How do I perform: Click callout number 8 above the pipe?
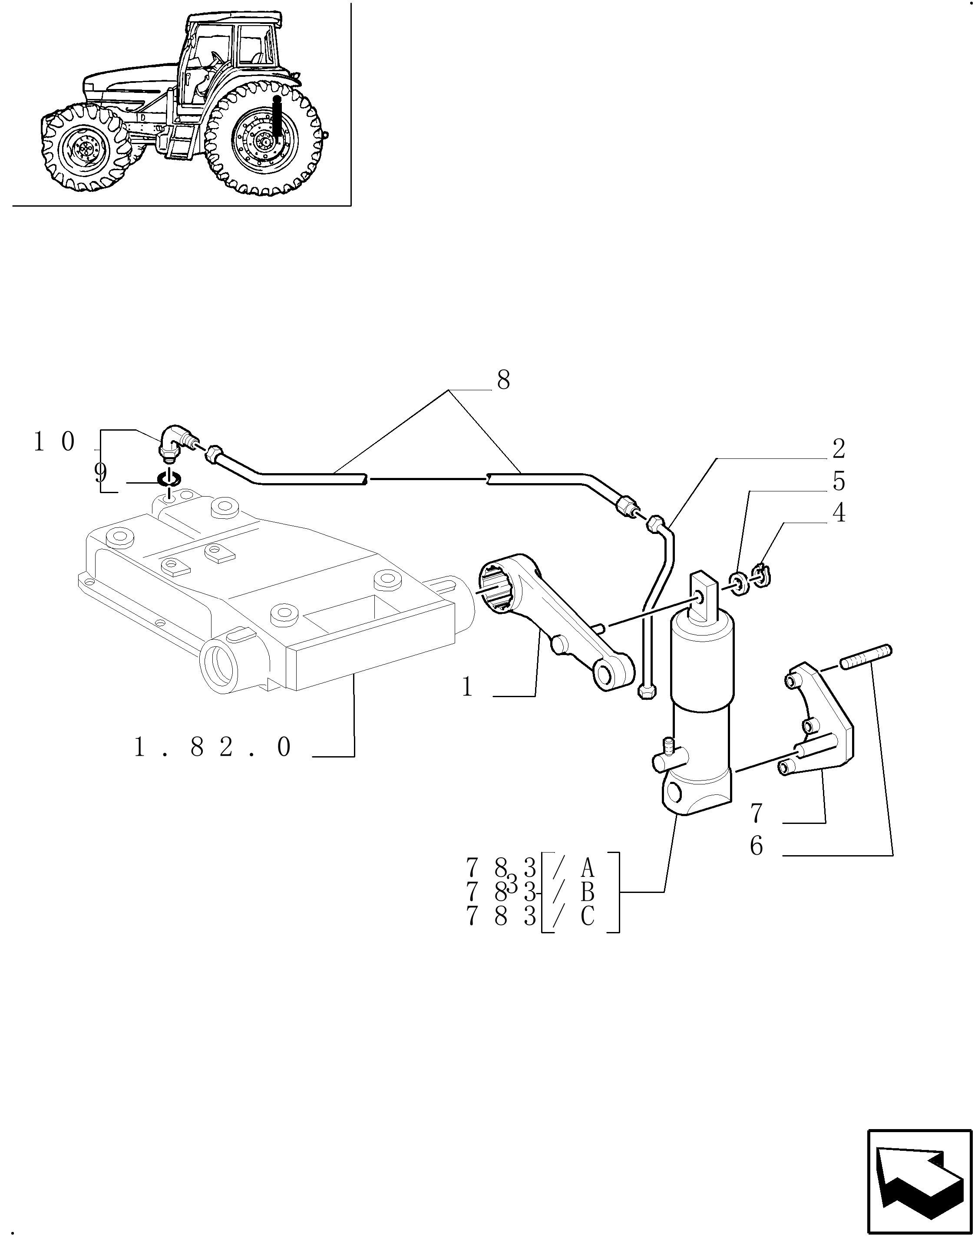tap(503, 380)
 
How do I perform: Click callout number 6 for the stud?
tap(757, 846)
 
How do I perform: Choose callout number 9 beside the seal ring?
tap(100, 473)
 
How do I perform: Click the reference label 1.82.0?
tap(212, 747)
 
